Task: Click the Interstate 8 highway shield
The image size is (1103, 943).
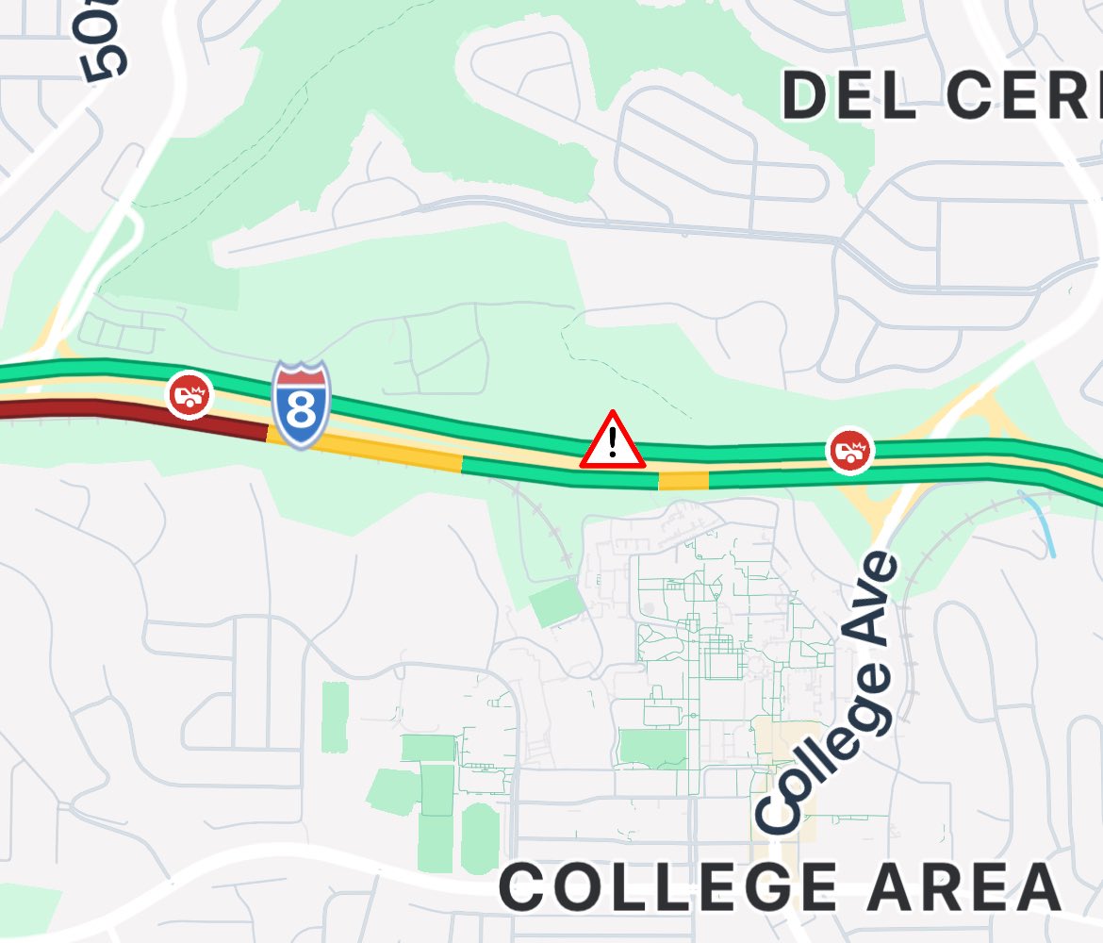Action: tap(302, 405)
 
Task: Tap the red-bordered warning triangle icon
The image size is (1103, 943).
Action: tap(613, 441)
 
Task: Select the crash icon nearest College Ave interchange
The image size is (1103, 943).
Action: tap(850, 450)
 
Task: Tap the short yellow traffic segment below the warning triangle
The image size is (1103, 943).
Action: tap(683, 481)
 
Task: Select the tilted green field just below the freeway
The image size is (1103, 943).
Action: tap(555, 603)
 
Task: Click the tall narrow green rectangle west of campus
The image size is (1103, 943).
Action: tap(335, 717)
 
